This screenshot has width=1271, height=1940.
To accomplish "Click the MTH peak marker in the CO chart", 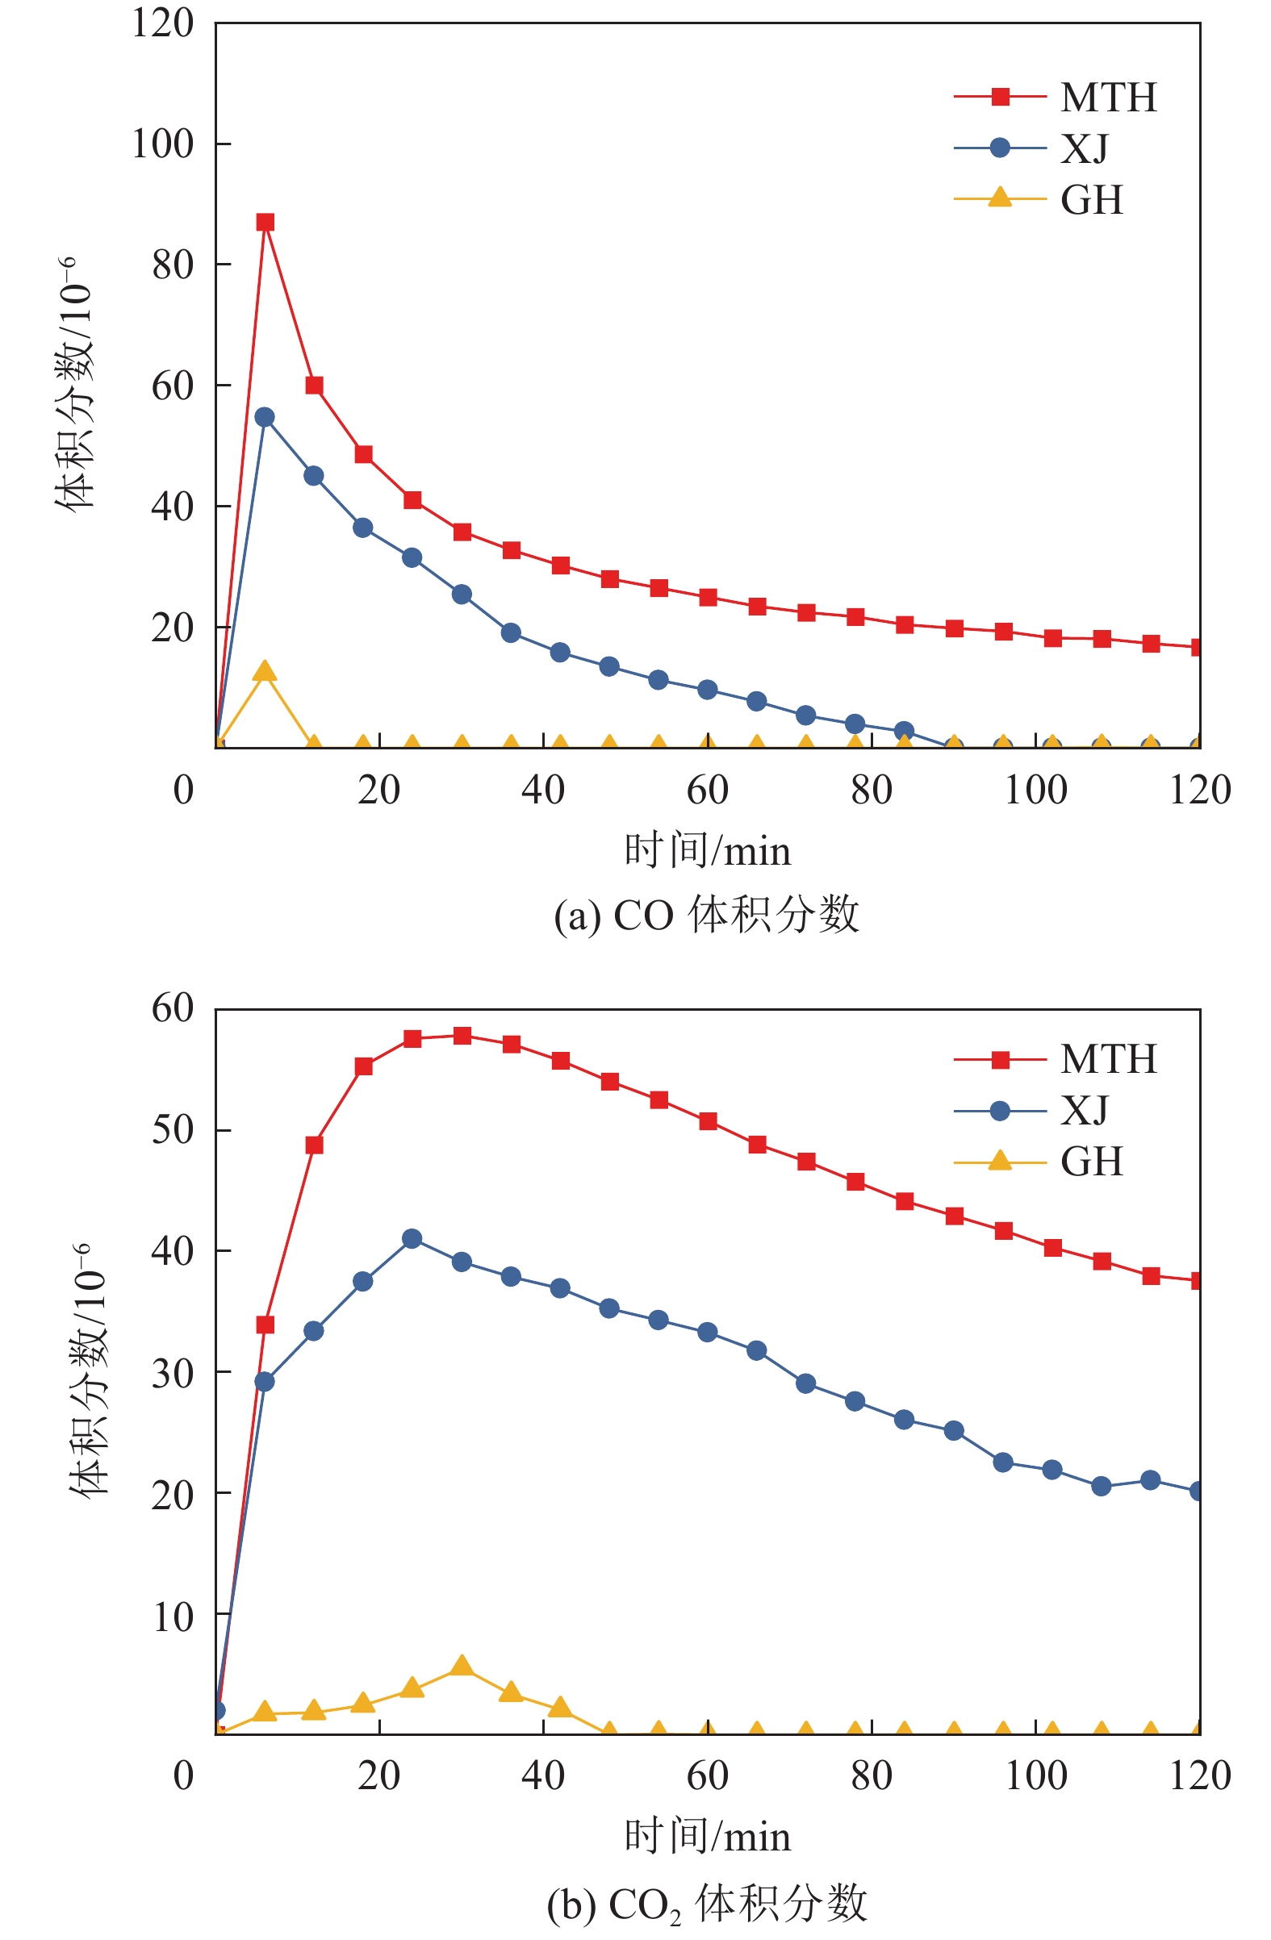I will [x=265, y=222].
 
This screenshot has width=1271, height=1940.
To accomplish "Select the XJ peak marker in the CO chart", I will [x=264, y=416].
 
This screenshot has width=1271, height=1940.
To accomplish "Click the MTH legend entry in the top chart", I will [x=1055, y=98].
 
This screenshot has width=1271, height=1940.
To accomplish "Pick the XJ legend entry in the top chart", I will [x=1032, y=148].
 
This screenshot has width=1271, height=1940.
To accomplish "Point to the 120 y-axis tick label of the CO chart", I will [x=163, y=23].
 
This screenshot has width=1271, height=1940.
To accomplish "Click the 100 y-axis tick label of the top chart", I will [x=163, y=144].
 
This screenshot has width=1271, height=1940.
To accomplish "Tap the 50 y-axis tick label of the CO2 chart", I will [x=173, y=1130].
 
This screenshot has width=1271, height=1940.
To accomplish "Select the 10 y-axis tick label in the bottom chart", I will [x=173, y=1617].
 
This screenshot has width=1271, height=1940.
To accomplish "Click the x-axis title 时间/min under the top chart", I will [x=707, y=851].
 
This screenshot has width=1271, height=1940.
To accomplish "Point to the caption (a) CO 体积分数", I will [x=706, y=915].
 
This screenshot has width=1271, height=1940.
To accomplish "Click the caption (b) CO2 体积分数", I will [x=706, y=1905].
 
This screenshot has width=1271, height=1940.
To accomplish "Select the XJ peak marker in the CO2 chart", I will [x=412, y=1239].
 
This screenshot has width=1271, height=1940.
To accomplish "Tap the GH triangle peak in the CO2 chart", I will [x=462, y=1665].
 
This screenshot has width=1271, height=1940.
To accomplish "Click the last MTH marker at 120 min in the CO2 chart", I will [x=1197, y=1281].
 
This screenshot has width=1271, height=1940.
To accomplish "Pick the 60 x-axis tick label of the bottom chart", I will [x=707, y=1775].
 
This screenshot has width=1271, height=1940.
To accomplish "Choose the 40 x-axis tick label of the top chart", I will [x=543, y=789].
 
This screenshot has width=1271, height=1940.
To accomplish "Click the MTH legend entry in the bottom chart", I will [x=1055, y=1059].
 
